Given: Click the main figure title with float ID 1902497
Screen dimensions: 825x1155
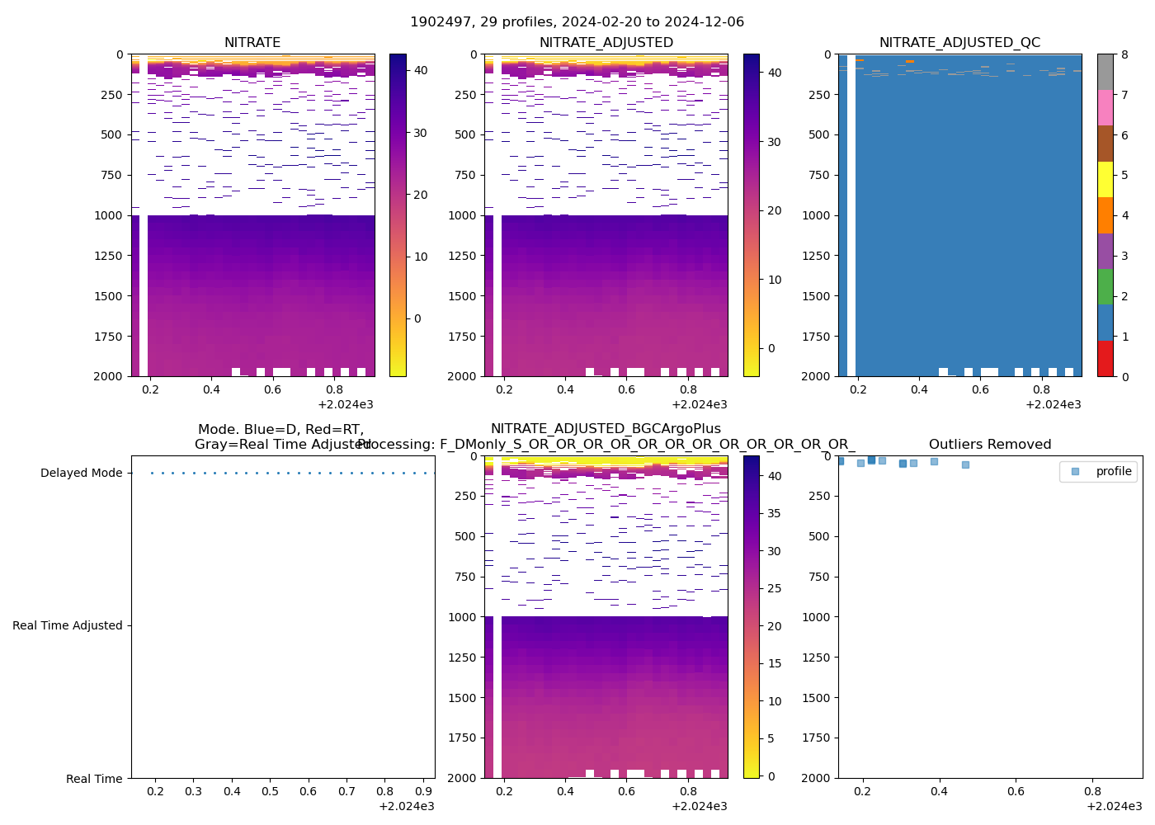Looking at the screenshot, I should point(577,22).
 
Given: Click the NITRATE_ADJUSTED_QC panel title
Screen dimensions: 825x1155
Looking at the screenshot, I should point(959,43).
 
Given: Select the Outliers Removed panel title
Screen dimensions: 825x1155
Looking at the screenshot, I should point(990,445).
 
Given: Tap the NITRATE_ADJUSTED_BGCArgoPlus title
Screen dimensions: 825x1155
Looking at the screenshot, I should point(606,429).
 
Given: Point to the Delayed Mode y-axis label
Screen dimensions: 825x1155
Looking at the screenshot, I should point(81,474).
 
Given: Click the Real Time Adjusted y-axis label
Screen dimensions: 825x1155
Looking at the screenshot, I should point(67,626).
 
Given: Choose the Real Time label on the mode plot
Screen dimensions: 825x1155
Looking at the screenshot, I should point(94,779).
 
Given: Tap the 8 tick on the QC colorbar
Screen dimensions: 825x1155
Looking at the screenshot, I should point(1124,55).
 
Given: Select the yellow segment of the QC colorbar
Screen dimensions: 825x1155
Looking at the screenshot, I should point(1105,179).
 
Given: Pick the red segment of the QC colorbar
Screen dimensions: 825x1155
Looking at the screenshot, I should point(1105,359).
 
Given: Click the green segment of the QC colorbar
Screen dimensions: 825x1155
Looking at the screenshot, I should point(1105,287).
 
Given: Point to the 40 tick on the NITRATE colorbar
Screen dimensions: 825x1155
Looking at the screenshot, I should point(421,71).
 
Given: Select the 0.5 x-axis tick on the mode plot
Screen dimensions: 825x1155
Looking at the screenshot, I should point(270,792).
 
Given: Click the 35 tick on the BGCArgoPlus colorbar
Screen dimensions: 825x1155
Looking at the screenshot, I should point(774,513).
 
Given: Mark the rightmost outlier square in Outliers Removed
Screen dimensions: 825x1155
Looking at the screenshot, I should point(965,464).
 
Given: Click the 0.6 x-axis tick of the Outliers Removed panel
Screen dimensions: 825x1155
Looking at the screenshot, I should point(1016,792).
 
